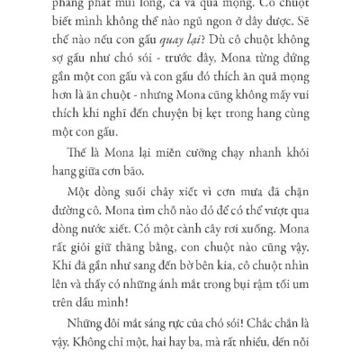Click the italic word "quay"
(203, 45)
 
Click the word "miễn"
(196, 159)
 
